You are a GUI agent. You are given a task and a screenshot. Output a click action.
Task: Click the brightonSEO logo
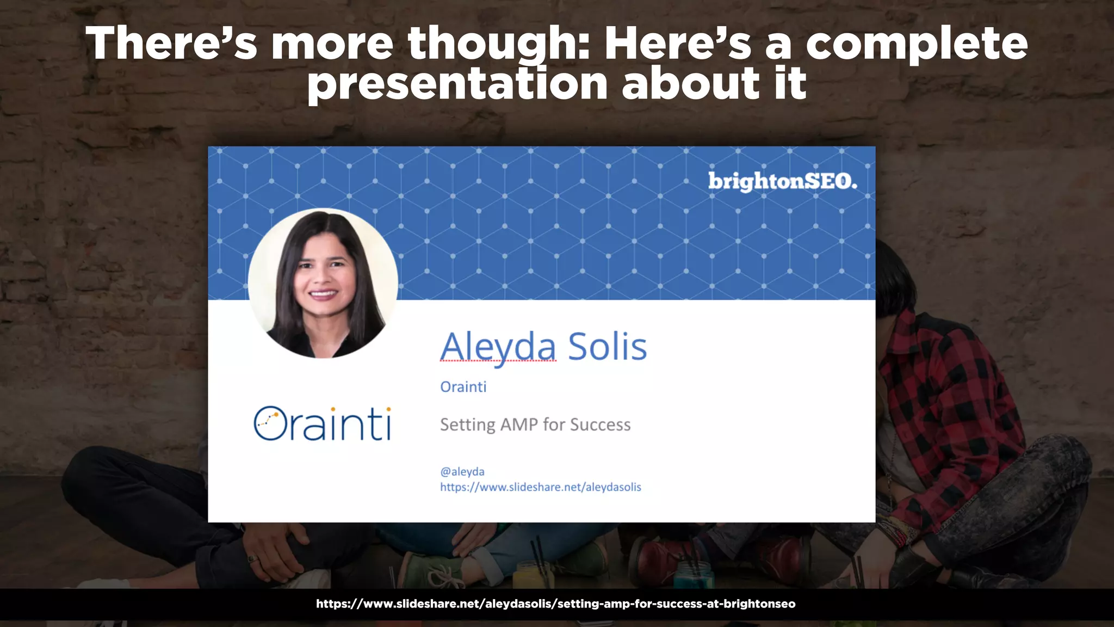click(x=782, y=181)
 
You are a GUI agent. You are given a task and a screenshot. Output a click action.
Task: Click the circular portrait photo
click(x=323, y=283)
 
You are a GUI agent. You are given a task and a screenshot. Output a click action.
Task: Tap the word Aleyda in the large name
click(x=498, y=347)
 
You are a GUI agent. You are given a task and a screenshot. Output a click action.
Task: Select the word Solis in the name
click(x=607, y=347)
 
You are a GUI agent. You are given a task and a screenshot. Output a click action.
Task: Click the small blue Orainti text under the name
click(x=463, y=387)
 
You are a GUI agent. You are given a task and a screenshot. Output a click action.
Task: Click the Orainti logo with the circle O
click(x=322, y=423)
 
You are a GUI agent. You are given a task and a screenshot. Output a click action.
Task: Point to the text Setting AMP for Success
click(x=535, y=425)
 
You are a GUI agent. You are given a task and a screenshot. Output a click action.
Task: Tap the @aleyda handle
click(x=462, y=471)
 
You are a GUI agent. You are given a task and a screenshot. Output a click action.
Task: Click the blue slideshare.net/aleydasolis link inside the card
click(x=540, y=487)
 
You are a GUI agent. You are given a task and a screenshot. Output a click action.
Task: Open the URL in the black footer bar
click(x=555, y=604)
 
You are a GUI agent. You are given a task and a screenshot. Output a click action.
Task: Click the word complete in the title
click(x=916, y=44)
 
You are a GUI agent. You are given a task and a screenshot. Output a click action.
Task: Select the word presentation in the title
click(x=457, y=84)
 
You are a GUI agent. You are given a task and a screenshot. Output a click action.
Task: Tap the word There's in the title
click(x=171, y=44)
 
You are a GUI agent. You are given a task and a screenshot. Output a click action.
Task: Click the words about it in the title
click(x=714, y=84)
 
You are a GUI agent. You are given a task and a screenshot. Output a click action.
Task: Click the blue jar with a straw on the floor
click(x=694, y=574)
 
